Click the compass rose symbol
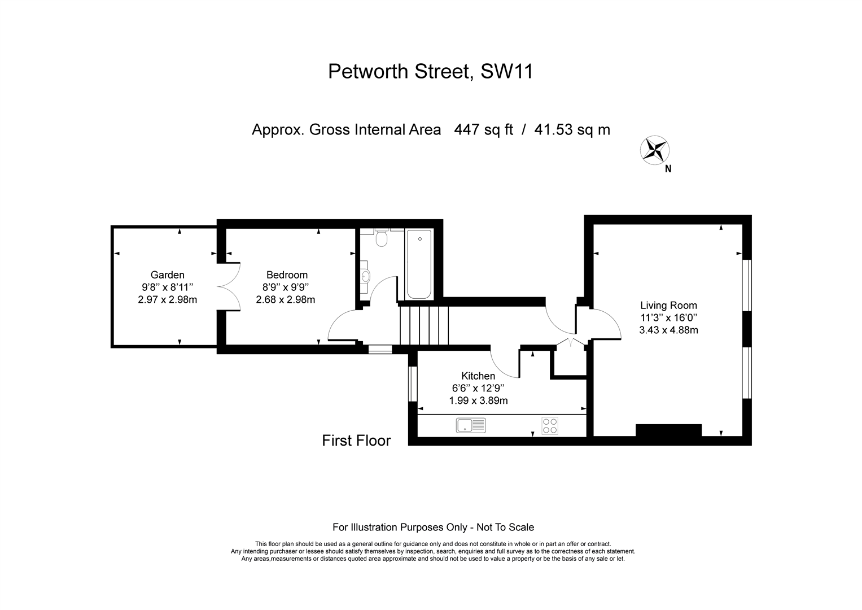655,150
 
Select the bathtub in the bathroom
419,264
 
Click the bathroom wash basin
366,276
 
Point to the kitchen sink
471,425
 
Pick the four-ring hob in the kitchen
549,426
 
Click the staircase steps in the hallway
424,325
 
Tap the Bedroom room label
287,275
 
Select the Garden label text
168,275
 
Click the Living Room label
668,306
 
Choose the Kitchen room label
478,376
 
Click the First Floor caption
356,441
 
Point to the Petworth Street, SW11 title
430,71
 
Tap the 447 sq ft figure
484,130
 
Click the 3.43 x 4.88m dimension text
668,330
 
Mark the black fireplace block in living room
668,430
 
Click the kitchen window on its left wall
413,384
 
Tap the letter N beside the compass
668,169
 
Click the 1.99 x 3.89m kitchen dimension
478,400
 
